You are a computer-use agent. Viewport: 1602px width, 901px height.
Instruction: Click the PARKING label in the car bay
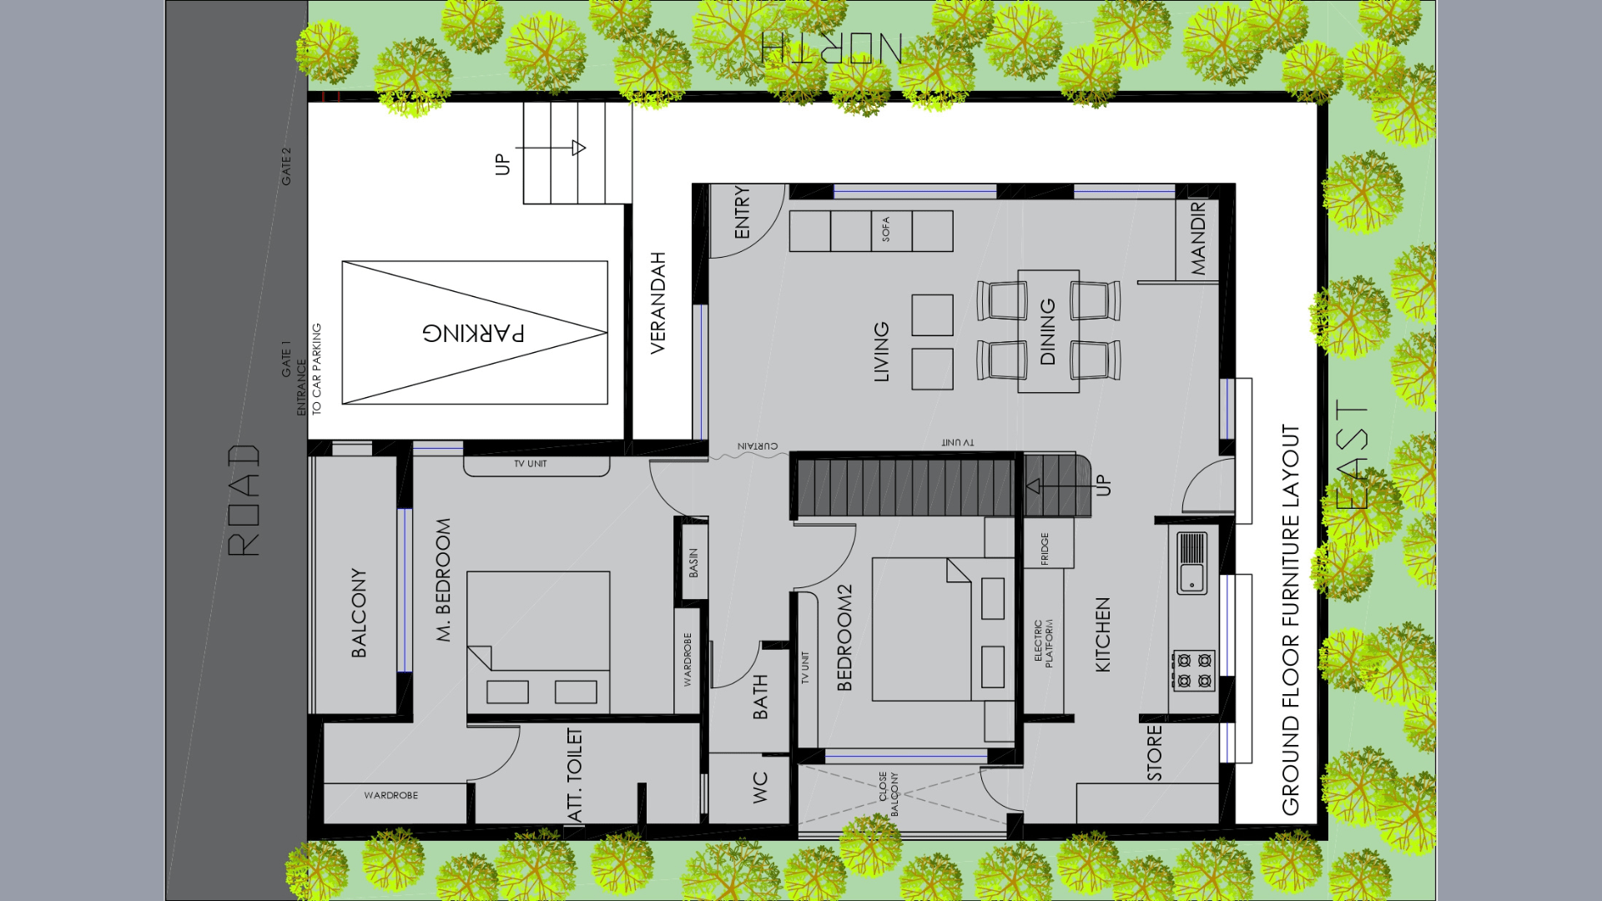tap(474, 333)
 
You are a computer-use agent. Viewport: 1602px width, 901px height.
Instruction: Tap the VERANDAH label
tap(657, 303)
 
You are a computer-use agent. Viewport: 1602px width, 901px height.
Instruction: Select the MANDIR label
tap(1198, 239)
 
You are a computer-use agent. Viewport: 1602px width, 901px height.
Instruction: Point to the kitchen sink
tap(1191, 562)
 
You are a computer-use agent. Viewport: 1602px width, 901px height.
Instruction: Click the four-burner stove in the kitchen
tap(1194, 670)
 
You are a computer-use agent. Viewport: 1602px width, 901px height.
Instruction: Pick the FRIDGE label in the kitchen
tap(1045, 549)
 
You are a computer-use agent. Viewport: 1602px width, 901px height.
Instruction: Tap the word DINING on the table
tap(1048, 331)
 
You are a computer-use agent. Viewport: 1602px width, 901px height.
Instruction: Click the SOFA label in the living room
tap(885, 229)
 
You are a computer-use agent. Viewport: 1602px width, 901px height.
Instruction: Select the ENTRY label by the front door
tap(742, 213)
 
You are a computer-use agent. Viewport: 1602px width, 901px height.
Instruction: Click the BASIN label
tap(693, 563)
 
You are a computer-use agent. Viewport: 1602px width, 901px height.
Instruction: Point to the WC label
tap(760, 788)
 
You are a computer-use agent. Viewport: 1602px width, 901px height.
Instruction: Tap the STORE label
tap(1155, 753)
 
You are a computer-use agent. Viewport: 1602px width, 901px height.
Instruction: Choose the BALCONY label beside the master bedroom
tap(359, 612)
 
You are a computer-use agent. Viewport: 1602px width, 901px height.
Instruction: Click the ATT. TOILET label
tap(575, 774)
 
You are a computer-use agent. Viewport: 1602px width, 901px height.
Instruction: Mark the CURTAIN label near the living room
tap(758, 446)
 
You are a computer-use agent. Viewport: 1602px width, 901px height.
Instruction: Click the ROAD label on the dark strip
tap(244, 501)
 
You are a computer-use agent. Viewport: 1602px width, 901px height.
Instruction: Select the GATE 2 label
tap(286, 167)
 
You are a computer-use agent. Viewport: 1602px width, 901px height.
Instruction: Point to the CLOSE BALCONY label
tap(889, 793)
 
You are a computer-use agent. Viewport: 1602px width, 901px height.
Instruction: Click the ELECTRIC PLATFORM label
tap(1044, 642)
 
